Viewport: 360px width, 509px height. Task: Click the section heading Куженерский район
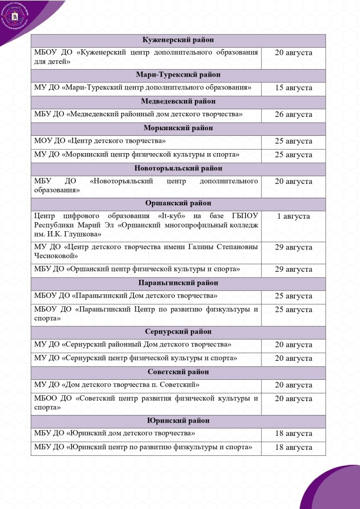178,40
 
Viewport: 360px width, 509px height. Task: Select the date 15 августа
293,88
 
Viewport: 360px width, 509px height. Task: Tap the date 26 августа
293,115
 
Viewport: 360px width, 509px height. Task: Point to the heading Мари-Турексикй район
178,75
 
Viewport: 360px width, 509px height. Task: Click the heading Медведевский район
178,101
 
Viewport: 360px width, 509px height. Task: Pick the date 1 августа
293,216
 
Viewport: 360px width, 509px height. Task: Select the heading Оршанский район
178,203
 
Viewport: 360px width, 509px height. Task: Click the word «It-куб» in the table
175,216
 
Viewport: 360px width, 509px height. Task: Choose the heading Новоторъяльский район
178,168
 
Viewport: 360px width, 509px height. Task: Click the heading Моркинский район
178,128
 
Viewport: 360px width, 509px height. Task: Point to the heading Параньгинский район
178,283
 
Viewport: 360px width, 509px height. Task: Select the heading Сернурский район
178,332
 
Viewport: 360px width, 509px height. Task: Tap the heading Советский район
178,372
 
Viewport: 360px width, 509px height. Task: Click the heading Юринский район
178,421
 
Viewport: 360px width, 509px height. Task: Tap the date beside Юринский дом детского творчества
293,434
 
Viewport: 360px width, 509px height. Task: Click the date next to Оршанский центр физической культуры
293,270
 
